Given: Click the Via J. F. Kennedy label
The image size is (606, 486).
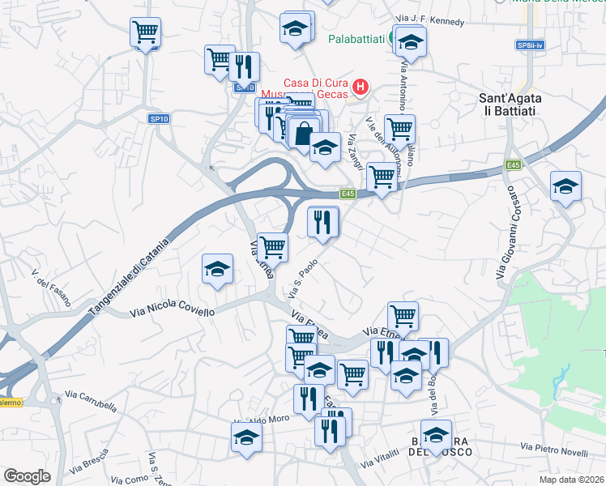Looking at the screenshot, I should point(429,19).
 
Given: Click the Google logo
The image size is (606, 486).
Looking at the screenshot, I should point(27,475).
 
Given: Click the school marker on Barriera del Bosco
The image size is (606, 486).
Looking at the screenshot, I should point(436,433).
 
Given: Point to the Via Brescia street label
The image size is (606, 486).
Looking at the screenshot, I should point(90,463).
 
